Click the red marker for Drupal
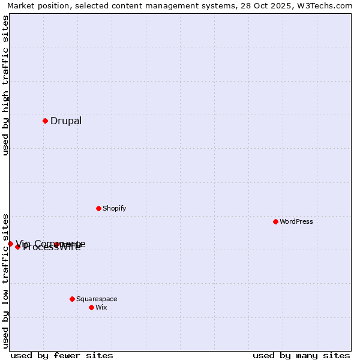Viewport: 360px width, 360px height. [x=45, y=121]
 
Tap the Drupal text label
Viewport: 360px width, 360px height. [x=66, y=121]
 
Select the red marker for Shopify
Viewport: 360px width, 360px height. [x=98, y=208]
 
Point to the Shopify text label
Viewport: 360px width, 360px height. [x=114, y=209]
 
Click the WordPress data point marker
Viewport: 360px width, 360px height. [x=275, y=221]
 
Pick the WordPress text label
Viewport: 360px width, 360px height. [x=296, y=222]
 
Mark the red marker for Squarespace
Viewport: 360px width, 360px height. [x=72, y=299]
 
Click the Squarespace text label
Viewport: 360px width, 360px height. [x=97, y=299]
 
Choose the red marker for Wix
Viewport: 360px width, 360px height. [x=91, y=307]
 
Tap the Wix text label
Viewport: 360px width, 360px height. [x=101, y=308]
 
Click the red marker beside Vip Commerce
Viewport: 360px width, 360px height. [x=10, y=244]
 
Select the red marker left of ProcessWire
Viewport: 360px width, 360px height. [x=17, y=247]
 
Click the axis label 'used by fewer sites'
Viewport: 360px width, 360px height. [x=62, y=355]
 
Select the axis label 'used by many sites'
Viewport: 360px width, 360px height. [x=301, y=355]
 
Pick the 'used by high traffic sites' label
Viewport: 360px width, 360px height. [x=6, y=85]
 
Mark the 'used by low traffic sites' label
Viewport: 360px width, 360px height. [x=6, y=280]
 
